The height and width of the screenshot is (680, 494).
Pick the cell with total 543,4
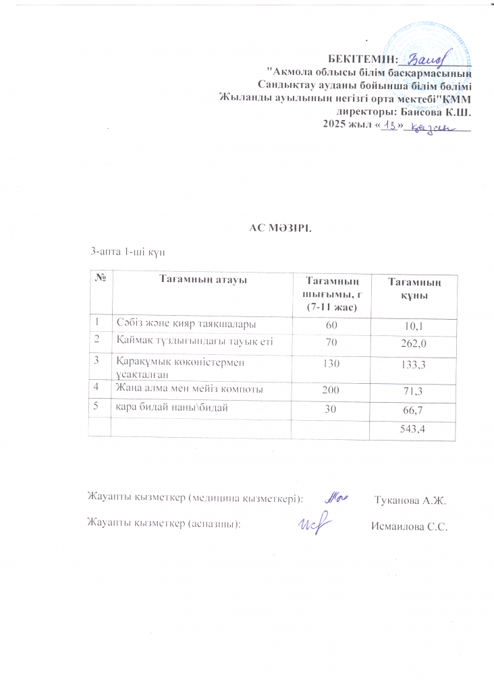[412, 428]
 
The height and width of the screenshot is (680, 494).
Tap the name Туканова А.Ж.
[410, 500]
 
